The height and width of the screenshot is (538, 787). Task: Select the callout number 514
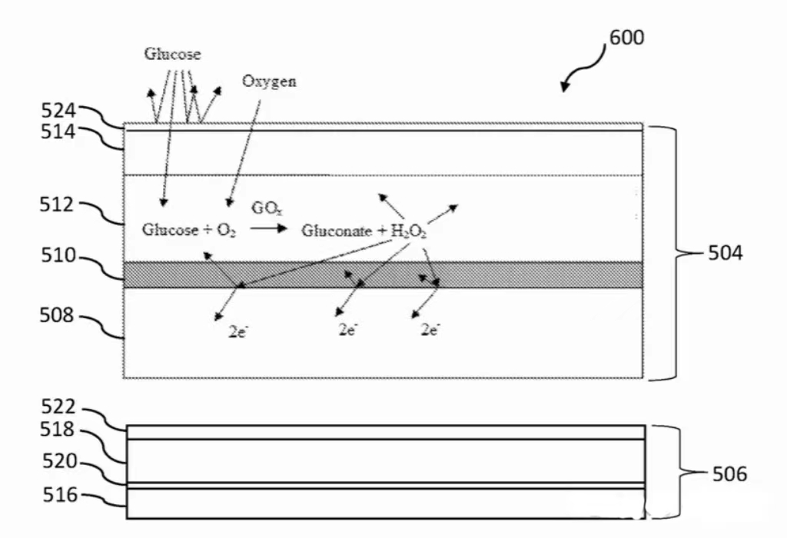point(58,131)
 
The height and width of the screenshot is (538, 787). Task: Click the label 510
point(58,256)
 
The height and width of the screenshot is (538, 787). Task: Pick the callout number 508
point(58,314)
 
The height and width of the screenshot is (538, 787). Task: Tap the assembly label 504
point(725,252)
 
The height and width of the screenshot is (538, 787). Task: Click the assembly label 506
point(729,474)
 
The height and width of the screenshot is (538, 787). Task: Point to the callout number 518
point(59,430)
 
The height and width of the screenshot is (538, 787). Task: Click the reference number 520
point(59,461)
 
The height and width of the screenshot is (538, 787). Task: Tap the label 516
point(59,494)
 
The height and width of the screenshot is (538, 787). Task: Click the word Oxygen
point(269,81)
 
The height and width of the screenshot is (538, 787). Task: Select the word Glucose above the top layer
point(172,55)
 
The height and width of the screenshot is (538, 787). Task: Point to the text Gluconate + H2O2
point(364,230)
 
